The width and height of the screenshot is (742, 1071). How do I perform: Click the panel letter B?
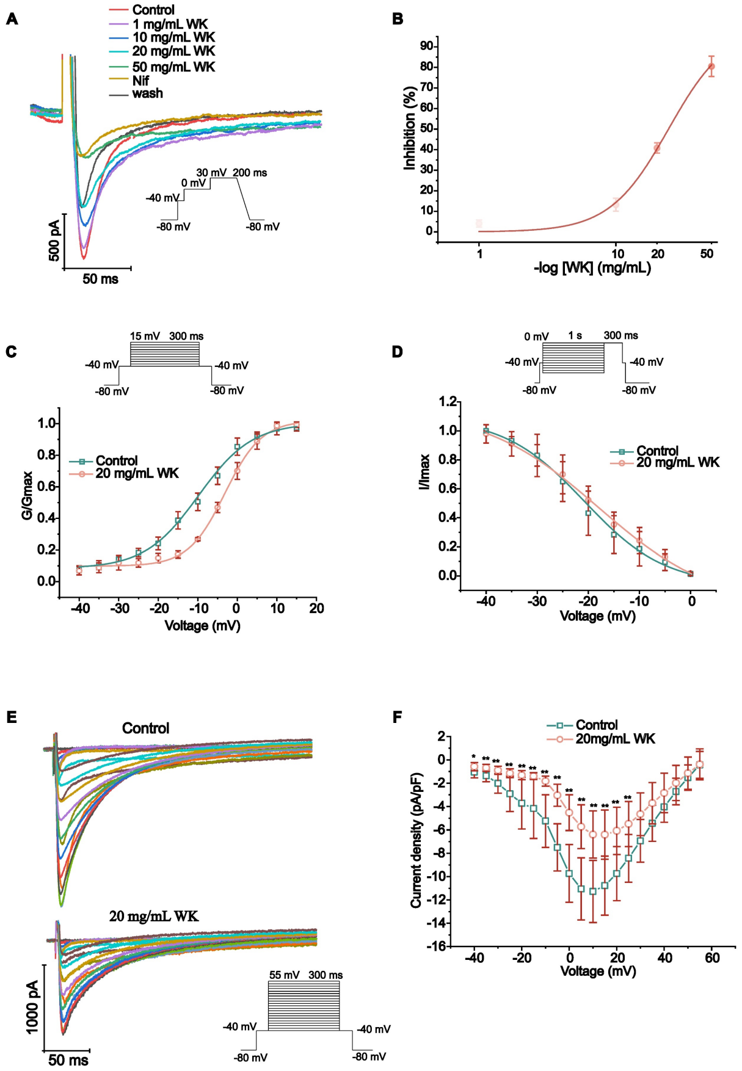(x=398, y=19)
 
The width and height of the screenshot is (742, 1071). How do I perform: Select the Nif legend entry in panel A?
(x=140, y=80)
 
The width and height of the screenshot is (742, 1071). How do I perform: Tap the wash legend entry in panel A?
(x=147, y=93)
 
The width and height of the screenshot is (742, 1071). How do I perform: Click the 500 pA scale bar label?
(x=54, y=241)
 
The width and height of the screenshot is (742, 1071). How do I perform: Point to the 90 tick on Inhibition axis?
(x=426, y=46)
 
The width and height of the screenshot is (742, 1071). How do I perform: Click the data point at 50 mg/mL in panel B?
(x=711, y=66)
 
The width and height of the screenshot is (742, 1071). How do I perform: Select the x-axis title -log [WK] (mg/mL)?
(x=592, y=268)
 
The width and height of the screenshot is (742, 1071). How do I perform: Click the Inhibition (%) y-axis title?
(x=409, y=128)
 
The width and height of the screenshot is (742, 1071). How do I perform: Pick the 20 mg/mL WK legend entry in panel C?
(x=137, y=473)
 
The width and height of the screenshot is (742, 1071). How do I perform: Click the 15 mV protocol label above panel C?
(x=145, y=336)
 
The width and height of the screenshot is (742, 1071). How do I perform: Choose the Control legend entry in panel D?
(x=657, y=451)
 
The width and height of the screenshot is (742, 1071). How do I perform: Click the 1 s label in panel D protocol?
(x=575, y=335)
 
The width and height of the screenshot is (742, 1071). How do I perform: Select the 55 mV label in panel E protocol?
(x=284, y=975)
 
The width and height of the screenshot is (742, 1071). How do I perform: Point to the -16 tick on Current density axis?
(x=437, y=946)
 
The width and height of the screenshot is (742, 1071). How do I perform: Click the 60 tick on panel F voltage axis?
(x=712, y=958)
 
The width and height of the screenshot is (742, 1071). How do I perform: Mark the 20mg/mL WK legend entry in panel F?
(x=615, y=739)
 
